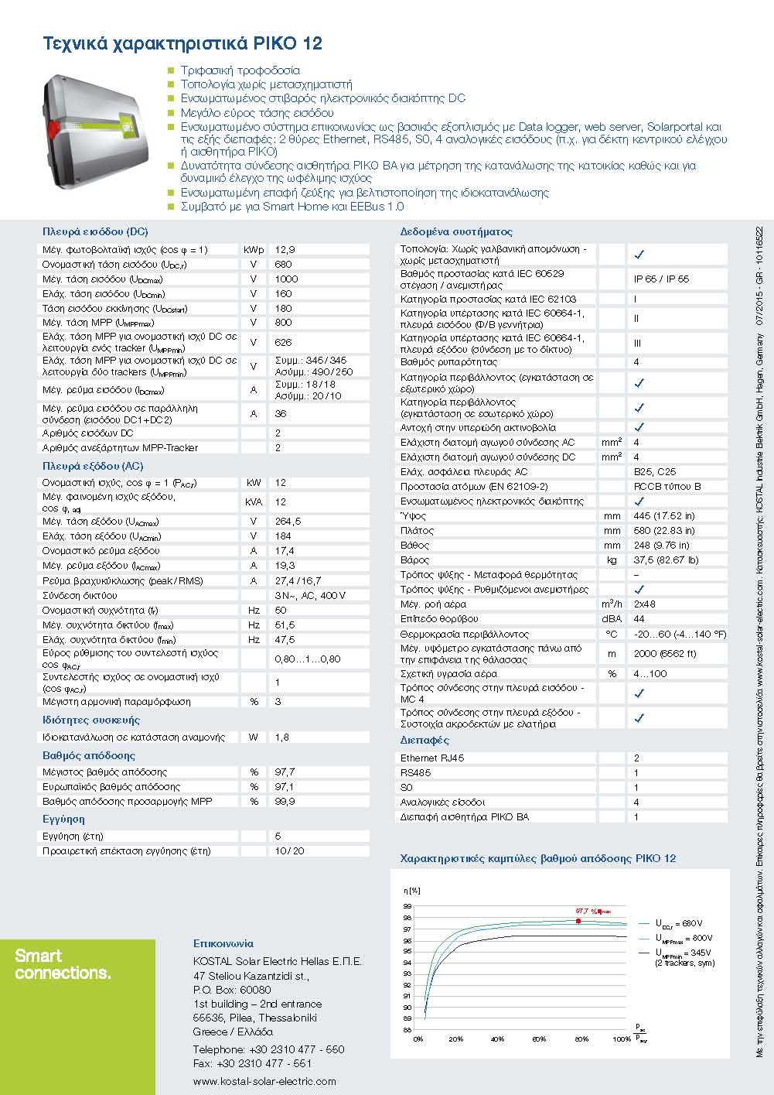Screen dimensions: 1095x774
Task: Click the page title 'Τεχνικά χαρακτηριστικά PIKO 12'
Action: click(x=182, y=43)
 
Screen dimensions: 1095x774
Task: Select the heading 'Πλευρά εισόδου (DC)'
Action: click(x=95, y=231)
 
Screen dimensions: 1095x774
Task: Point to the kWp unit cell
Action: click(x=254, y=250)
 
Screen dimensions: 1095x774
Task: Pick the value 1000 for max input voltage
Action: click(x=286, y=279)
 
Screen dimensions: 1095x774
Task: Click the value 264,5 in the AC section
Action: click(x=288, y=522)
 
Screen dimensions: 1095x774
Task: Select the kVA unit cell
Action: click(x=254, y=501)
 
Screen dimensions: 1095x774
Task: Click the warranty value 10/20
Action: click(x=289, y=851)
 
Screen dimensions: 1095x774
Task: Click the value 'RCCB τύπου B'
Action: click(x=667, y=487)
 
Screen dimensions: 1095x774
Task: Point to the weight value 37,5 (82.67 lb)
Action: click(x=666, y=560)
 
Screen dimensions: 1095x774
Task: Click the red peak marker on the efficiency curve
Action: click(x=578, y=920)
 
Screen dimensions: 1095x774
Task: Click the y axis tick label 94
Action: click(x=407, y=963)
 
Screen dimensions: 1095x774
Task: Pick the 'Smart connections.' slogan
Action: click(x=63, y=964)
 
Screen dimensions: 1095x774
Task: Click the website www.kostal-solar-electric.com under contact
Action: click(x=264, y=1081)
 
